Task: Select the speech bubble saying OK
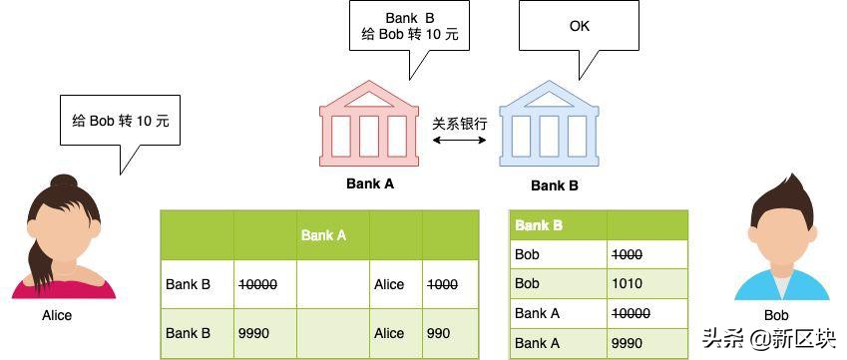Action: [579, 27]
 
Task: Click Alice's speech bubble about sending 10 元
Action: [120, 122]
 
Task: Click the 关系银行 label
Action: [460, 124]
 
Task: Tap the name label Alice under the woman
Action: [57, 316]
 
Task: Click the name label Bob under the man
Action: [776, 316]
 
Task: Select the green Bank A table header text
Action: [323, 235]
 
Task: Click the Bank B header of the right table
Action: [539, 225]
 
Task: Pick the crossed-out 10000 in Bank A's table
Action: [258, 284]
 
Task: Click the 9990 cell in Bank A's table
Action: [253, 333]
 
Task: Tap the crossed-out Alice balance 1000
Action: [443, 284]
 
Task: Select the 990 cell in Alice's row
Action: [439, 333]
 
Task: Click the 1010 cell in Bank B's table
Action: [629, 283]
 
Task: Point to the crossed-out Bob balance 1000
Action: [629, 254]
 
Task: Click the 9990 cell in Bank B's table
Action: [629, 343]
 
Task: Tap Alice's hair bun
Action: [63, 183]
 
